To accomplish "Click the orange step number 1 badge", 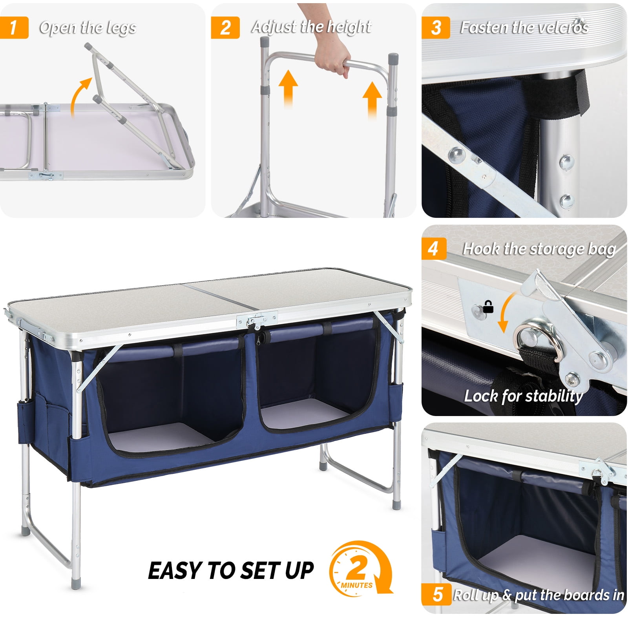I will click(x=14, y=27).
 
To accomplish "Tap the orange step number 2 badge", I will click(x=225, y=27).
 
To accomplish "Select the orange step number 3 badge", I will click(x=436, y=27).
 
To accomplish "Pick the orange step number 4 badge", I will click(x=433, y=248).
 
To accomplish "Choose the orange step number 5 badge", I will click(x=437, y=594).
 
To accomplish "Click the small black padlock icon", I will click(x=488, y=307).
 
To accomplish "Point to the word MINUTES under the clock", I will click(x=356, y=585).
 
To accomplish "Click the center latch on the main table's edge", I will click(x=257, y=320).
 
